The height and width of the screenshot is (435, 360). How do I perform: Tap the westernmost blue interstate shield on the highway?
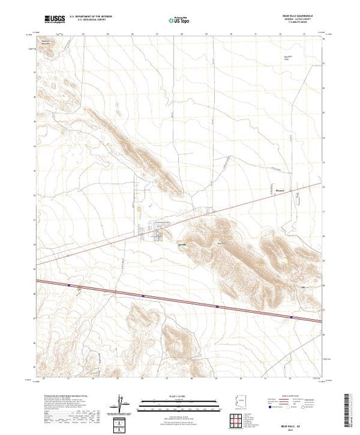70,284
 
